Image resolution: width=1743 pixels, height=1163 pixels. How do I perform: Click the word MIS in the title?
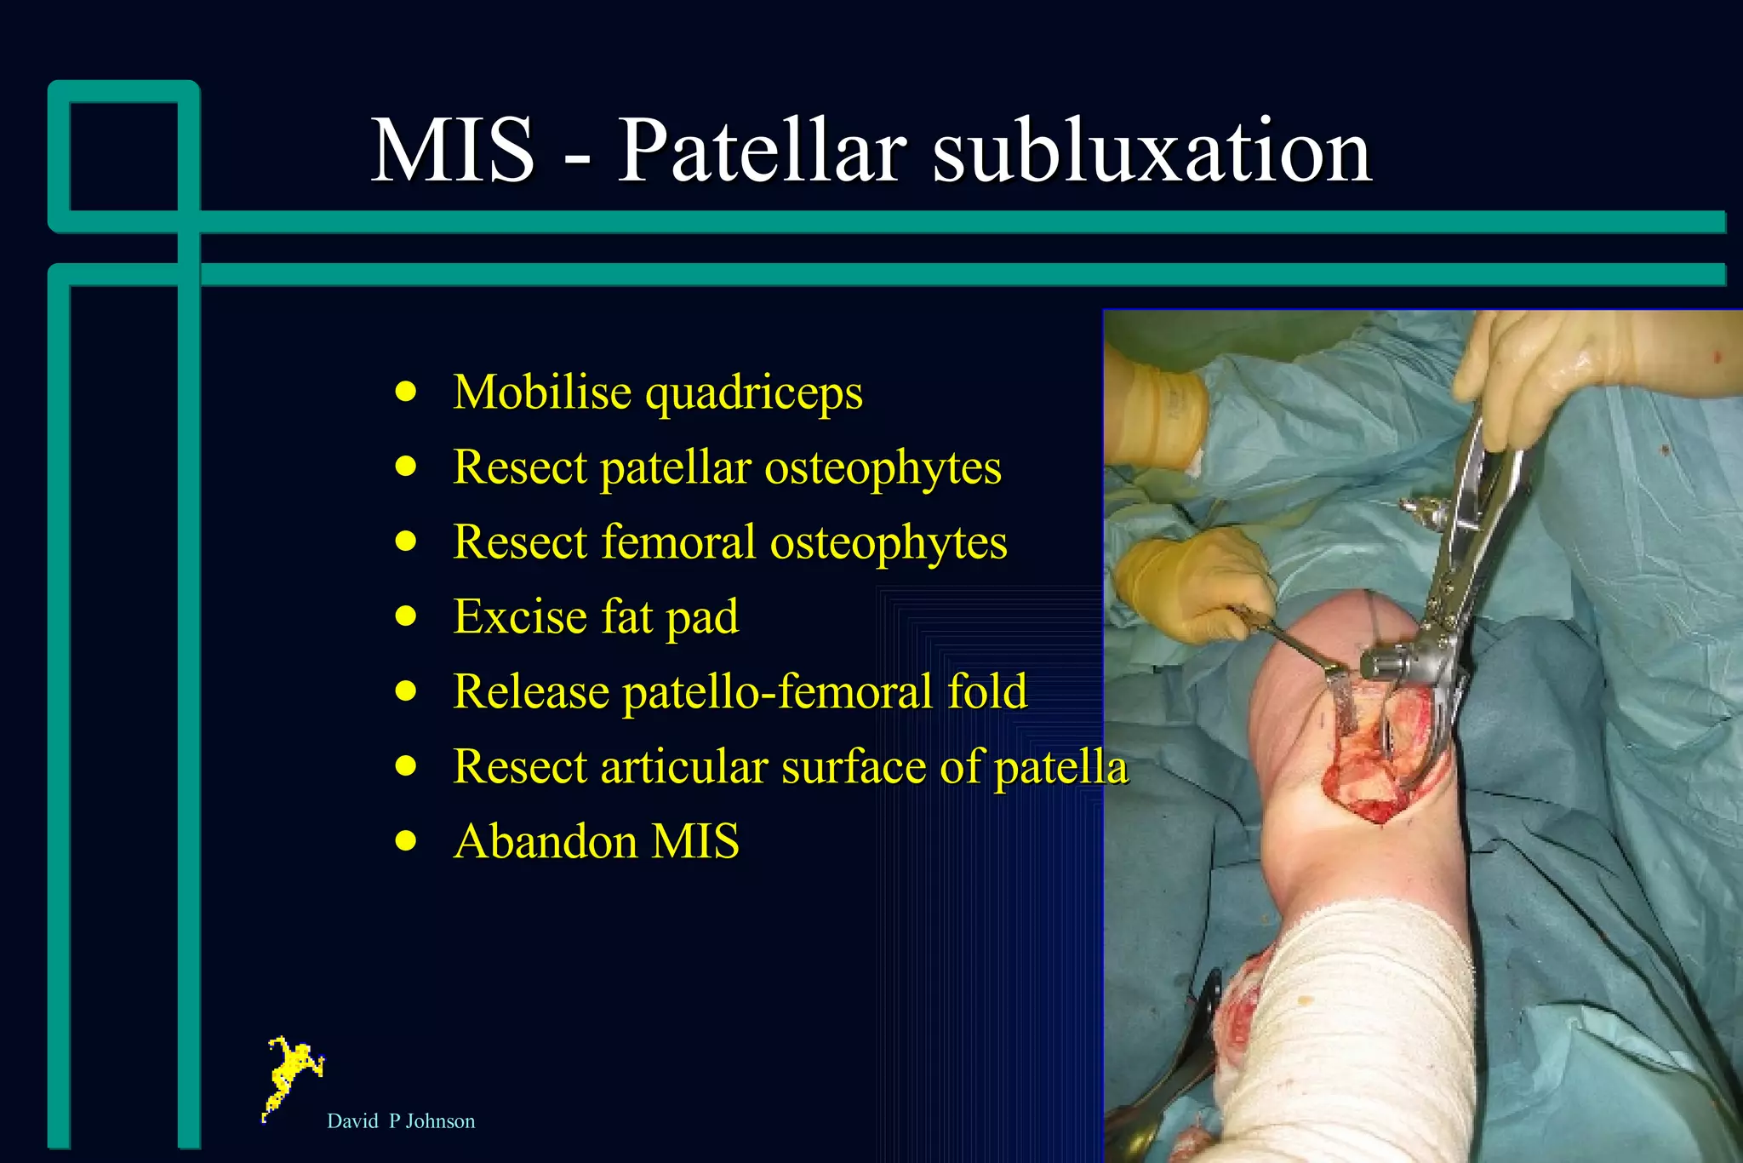click(453, 152)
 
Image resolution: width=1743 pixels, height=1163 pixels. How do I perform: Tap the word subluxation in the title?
click(1152, 152)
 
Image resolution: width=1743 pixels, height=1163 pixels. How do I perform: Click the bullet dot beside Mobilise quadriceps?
click(407, 392)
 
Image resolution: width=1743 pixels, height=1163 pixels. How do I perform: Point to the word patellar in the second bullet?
click(675, 467)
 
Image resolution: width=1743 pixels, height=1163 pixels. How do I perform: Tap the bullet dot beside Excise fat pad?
click(407, 616)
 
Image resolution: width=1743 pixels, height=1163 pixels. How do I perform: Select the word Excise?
click(519, 616)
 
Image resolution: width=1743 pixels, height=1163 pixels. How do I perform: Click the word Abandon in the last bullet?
click(545, 841)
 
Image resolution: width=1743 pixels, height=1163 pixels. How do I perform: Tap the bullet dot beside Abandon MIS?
click(407, 841)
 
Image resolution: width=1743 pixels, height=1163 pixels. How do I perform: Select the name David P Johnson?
click(401, 1121)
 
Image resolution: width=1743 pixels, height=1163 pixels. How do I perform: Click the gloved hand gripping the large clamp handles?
click(1523, 375)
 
